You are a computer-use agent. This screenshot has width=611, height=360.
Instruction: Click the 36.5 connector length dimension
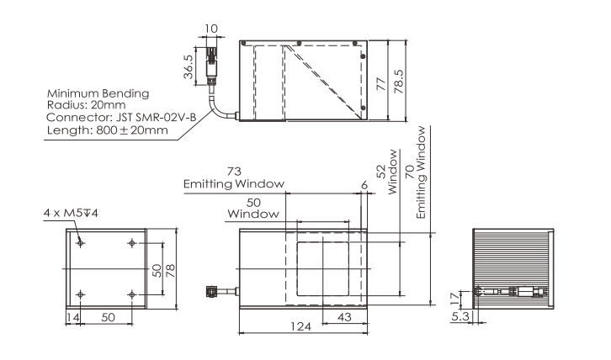point(189,66)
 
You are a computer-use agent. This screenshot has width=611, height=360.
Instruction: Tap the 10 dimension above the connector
point(211,29)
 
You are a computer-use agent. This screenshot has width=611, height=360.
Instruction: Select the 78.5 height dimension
point(399,82)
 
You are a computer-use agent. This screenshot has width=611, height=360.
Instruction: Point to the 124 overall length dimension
point(300,326)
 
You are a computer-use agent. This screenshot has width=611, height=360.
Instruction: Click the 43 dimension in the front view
point(344,317)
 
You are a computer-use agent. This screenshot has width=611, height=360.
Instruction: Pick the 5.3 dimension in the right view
point(460,316)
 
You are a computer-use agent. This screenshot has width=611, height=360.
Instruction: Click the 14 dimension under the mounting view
point(72,317)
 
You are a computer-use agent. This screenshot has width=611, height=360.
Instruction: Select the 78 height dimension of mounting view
point(170,270)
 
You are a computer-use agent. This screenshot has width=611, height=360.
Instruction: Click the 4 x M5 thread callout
point(71,213)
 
